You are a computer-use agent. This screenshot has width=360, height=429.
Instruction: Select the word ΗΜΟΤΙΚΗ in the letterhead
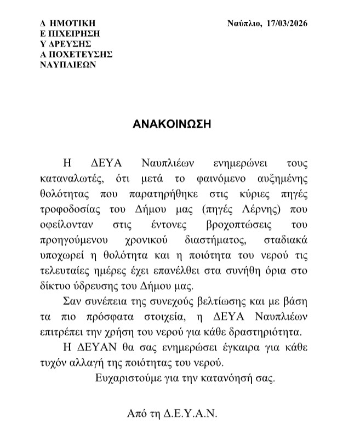coord(72,23)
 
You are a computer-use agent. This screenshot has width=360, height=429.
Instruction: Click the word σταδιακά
coord(288,240)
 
